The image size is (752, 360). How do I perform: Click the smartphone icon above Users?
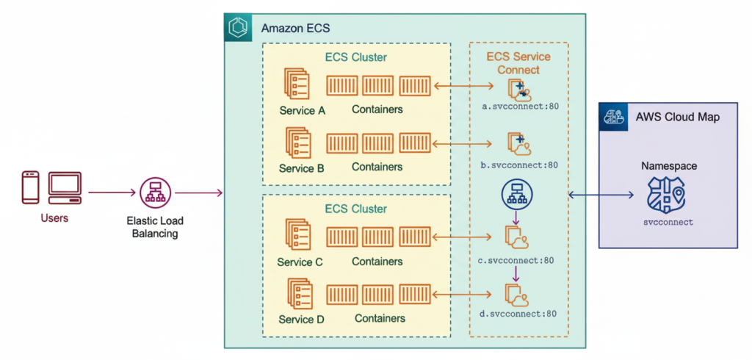(x=30, y=187)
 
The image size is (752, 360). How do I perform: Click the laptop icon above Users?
(x=65, y=187)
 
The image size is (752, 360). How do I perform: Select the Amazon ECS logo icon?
(x=239, y=29)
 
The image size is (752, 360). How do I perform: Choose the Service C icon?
(x=297, y=237)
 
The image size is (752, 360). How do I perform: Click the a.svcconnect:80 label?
(x=520, y=107)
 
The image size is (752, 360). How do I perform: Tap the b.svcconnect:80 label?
(x=520, y=165)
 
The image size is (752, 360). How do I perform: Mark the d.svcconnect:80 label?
(x=518, y=314)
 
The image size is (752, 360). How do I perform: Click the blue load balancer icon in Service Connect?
(x=516, y=193)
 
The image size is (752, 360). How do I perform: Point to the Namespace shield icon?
(x=666, y=195)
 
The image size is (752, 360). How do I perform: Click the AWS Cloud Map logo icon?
(x=612, y=117)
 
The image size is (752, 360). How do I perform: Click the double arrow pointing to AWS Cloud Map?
(x=601, y=195)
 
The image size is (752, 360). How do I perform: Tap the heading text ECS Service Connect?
(x=518, y=63)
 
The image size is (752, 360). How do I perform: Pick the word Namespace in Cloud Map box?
(x=668, y=166)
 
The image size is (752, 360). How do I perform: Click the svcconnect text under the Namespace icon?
(x=668, y=221)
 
